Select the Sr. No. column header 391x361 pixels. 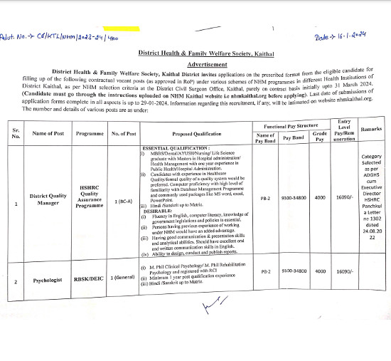coord(16,134)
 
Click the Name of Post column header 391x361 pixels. coord(49,134)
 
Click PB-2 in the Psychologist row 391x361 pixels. coord(264,311)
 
